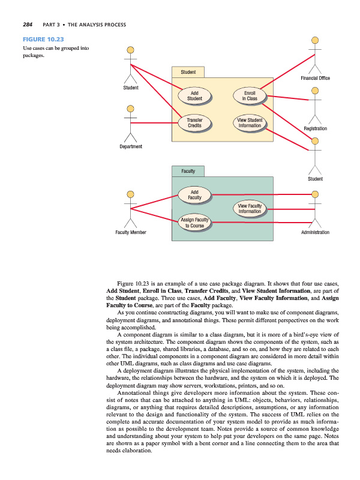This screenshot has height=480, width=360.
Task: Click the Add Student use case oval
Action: coord(194,96)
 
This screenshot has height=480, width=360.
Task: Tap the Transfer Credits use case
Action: coord(194,123)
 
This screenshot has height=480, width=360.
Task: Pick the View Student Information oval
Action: coord(250,123)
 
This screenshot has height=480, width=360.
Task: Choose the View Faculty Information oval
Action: coord(250,208)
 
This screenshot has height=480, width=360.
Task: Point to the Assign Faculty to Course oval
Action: coord(194,223)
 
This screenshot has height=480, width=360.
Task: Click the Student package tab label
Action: coord(188,73)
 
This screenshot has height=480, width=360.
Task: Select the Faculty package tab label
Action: coord(188,171)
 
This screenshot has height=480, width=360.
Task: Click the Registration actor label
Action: coord(315,129)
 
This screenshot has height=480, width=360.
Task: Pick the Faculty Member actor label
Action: coord(130,232)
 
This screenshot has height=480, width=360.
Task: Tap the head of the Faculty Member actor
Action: coord(130,194)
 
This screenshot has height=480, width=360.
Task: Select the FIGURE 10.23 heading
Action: coord(42,40)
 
